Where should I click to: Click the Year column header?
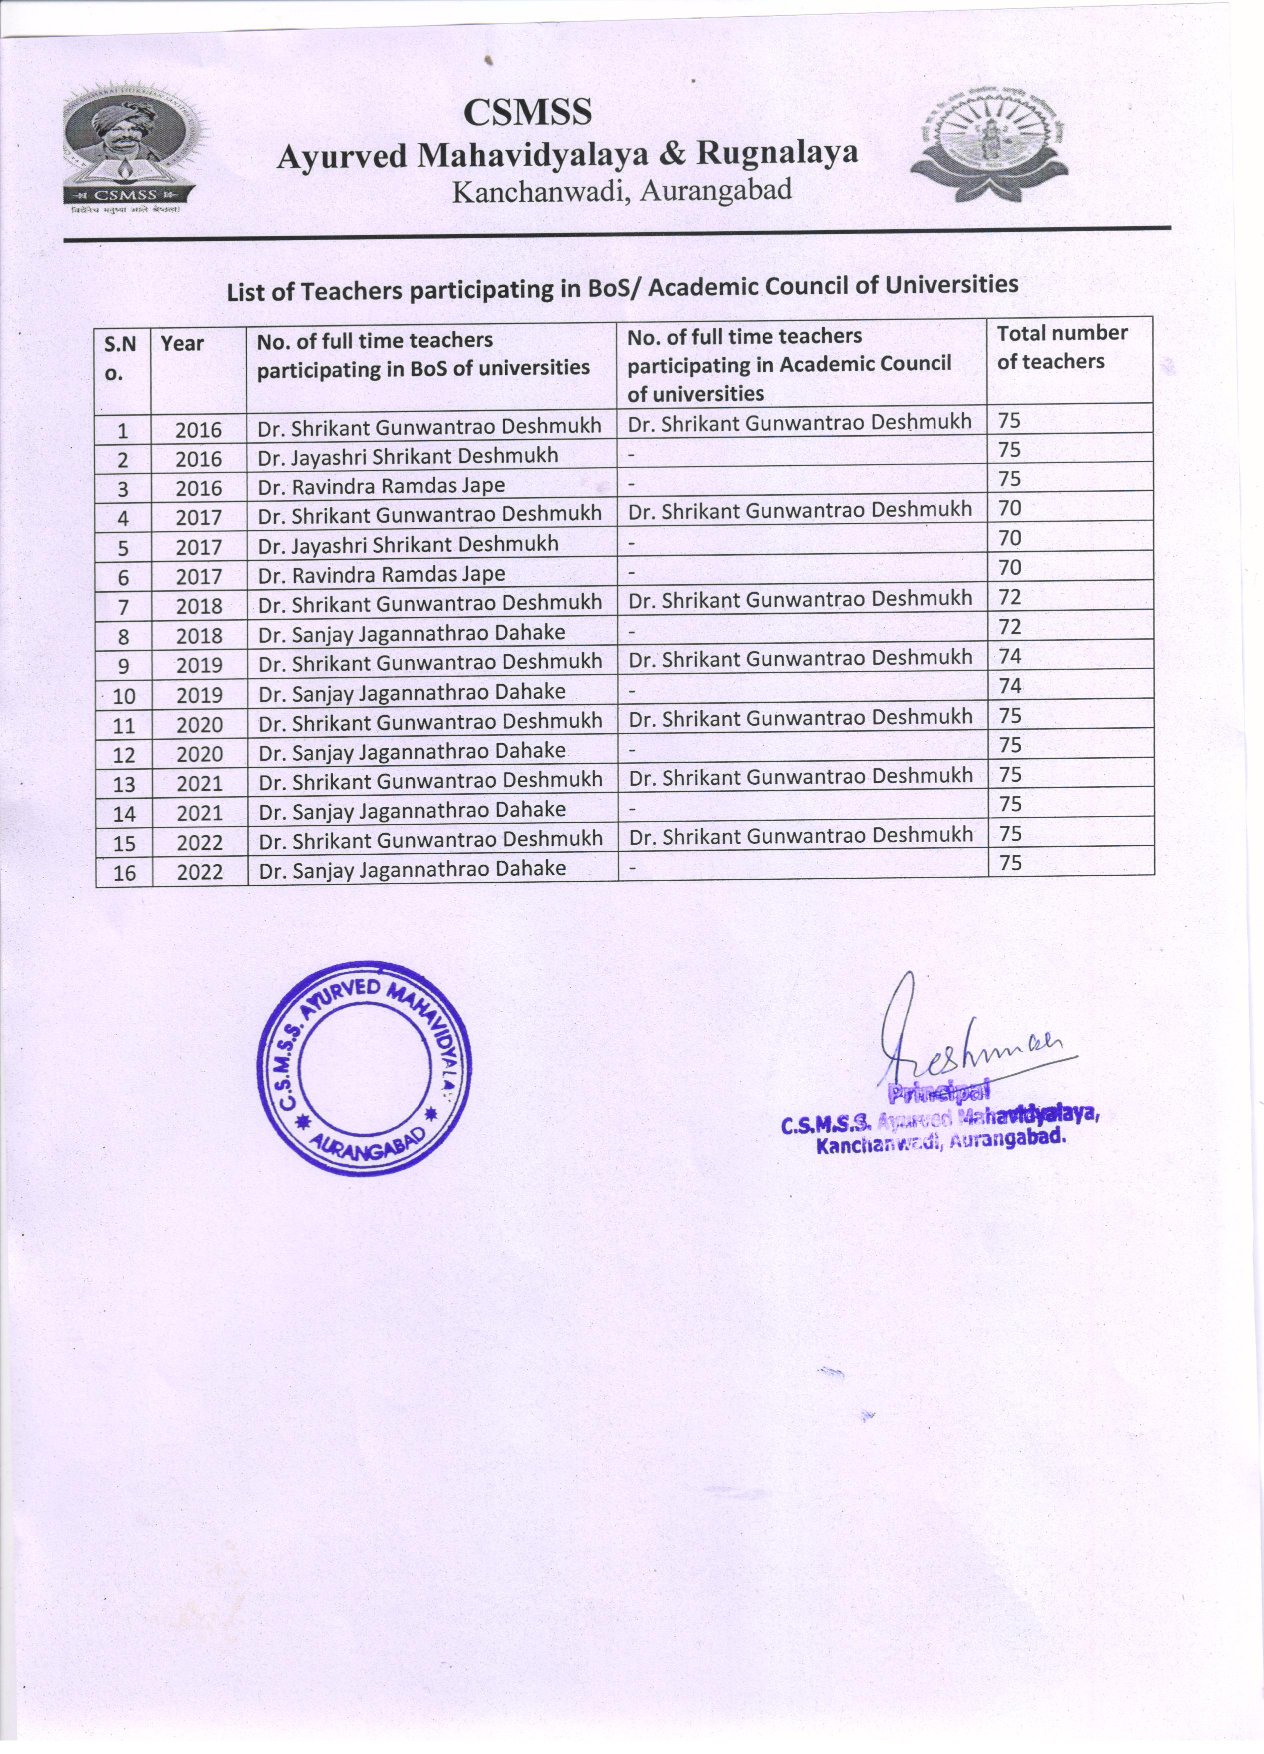(182, 344)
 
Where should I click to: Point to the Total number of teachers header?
(1061, 347)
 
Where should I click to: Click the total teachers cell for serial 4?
(1009, 508)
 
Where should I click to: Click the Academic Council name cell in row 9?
(800, 658)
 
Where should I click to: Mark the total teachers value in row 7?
(1009, 597)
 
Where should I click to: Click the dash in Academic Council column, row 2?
(631, 455)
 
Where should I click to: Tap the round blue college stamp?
(363, 1068)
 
